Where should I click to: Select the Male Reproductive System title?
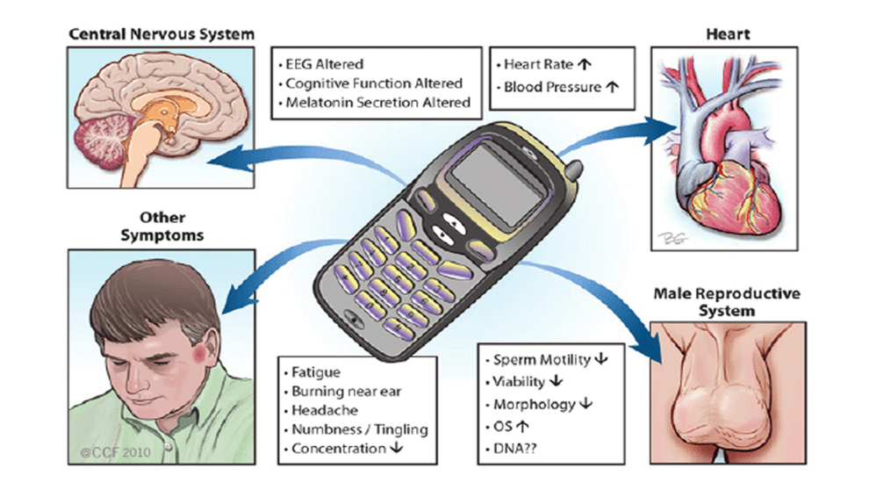coord(725,302)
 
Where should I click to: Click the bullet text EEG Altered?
coord(324,64)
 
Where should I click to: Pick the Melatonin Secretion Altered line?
coord(377,103)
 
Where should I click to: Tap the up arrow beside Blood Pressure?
coord(613,87)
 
